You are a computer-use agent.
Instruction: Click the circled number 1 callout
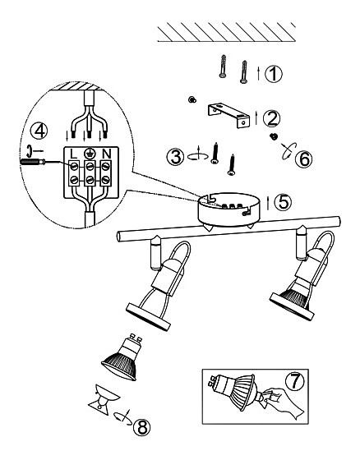tap(274, 74)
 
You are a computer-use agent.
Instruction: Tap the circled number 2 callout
tap(271, 118)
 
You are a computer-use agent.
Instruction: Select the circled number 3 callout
tap(176, 156)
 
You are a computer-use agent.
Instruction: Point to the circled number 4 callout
tap(39, 131)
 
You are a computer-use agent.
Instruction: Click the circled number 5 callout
tap(283, 202)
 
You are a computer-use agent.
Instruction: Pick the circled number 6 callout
tap(303, 159)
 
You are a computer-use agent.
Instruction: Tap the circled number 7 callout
tap(294, 381)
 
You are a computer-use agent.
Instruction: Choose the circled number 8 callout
tap(142, 427)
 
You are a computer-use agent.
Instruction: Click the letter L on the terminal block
tap(73, 154)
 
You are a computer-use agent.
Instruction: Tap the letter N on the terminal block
tap(107, 154)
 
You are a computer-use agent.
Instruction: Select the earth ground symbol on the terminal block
tap(90, 153)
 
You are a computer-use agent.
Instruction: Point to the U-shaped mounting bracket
tap(228, 115)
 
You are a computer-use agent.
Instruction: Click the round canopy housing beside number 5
tap(228, 210)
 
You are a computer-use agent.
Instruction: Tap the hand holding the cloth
tap(284, 403)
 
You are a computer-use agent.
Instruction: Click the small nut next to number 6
tap(274, 136)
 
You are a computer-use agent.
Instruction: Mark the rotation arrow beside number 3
tap(197, 156)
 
